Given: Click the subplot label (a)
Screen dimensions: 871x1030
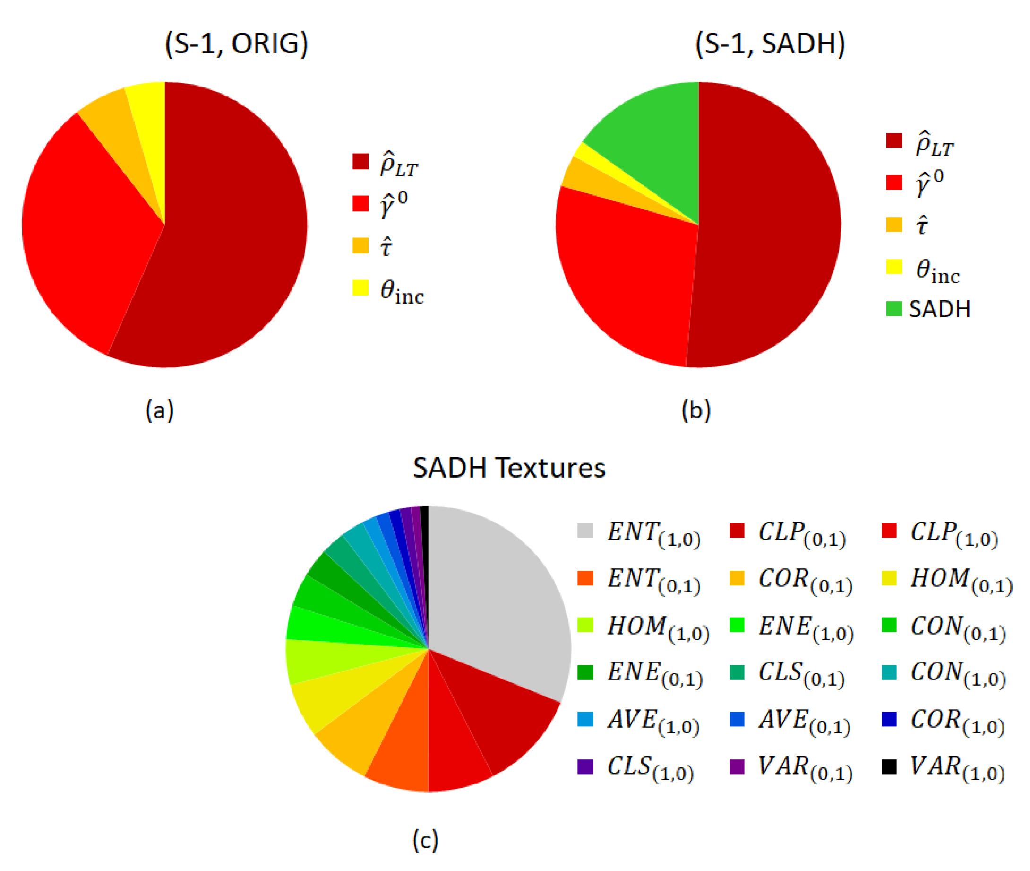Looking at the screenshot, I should coord(159,410).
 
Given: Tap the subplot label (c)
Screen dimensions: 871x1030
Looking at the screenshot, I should coord(425,839).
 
